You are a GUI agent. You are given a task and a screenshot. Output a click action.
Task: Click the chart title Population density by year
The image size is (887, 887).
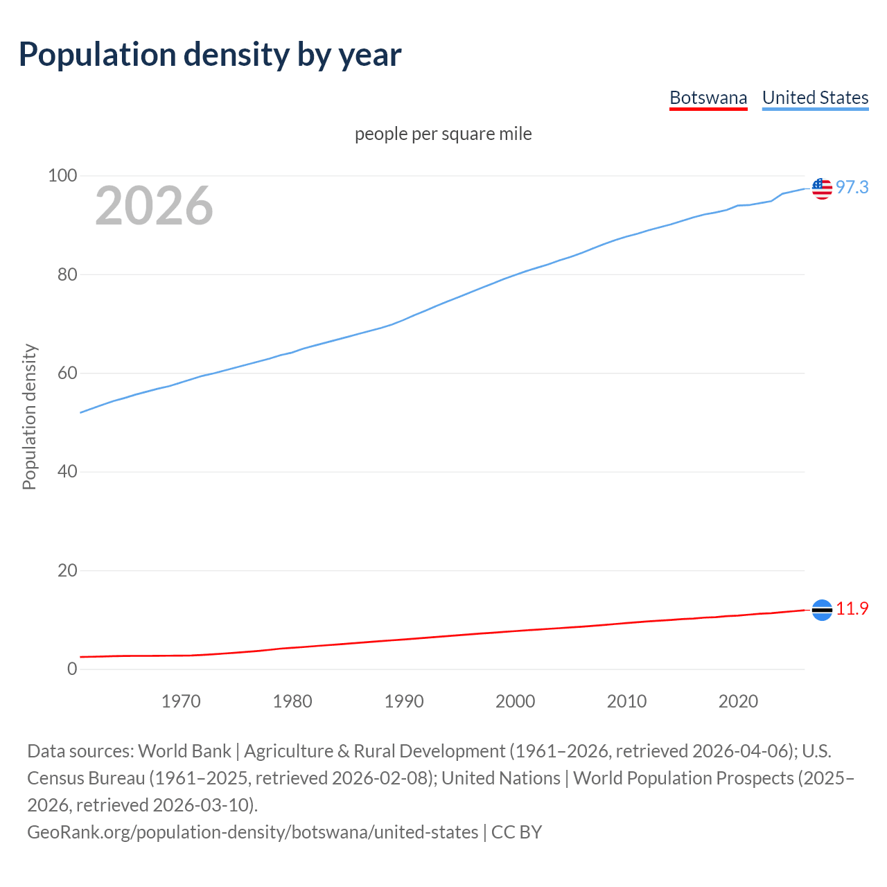(210, 55)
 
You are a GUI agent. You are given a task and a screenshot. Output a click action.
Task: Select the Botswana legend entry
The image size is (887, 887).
(708, 98)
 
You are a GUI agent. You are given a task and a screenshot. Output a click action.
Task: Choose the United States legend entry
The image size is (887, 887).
(815, 98)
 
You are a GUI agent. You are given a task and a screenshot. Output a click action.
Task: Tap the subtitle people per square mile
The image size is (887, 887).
(443, 134)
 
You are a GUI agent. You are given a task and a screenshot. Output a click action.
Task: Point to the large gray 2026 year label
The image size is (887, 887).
(154, 206)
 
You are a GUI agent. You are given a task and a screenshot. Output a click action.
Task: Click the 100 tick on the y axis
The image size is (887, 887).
(62, 176)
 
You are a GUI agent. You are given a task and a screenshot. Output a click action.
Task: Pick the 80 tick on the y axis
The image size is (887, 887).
(67, 274)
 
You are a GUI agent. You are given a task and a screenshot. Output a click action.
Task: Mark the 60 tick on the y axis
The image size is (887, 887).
(67, 374)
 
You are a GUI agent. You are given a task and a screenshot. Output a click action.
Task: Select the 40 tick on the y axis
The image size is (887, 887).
(67, 472)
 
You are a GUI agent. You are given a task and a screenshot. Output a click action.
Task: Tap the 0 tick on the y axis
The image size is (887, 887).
(72, 669)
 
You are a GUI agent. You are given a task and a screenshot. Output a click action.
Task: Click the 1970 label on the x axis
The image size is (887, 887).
(181, 701)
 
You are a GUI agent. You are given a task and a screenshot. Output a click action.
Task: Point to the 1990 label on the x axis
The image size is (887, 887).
(404, 701)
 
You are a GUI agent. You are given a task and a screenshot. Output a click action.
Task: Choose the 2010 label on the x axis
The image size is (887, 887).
(626, 701)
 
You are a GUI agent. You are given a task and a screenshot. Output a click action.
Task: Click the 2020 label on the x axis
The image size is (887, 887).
(738, 701)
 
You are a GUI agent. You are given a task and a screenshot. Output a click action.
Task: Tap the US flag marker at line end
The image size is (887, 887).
(822, 188)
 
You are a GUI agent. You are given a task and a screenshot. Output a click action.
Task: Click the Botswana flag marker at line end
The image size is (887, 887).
(822, 610)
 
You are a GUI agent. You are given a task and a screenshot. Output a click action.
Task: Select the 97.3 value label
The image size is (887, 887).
(852, 187)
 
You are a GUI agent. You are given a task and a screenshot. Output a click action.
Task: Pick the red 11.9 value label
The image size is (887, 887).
(852, 608)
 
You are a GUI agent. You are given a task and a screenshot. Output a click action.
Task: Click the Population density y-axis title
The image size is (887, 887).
(29, 417)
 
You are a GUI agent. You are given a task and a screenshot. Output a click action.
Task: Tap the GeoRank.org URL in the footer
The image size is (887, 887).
(252, 832)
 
